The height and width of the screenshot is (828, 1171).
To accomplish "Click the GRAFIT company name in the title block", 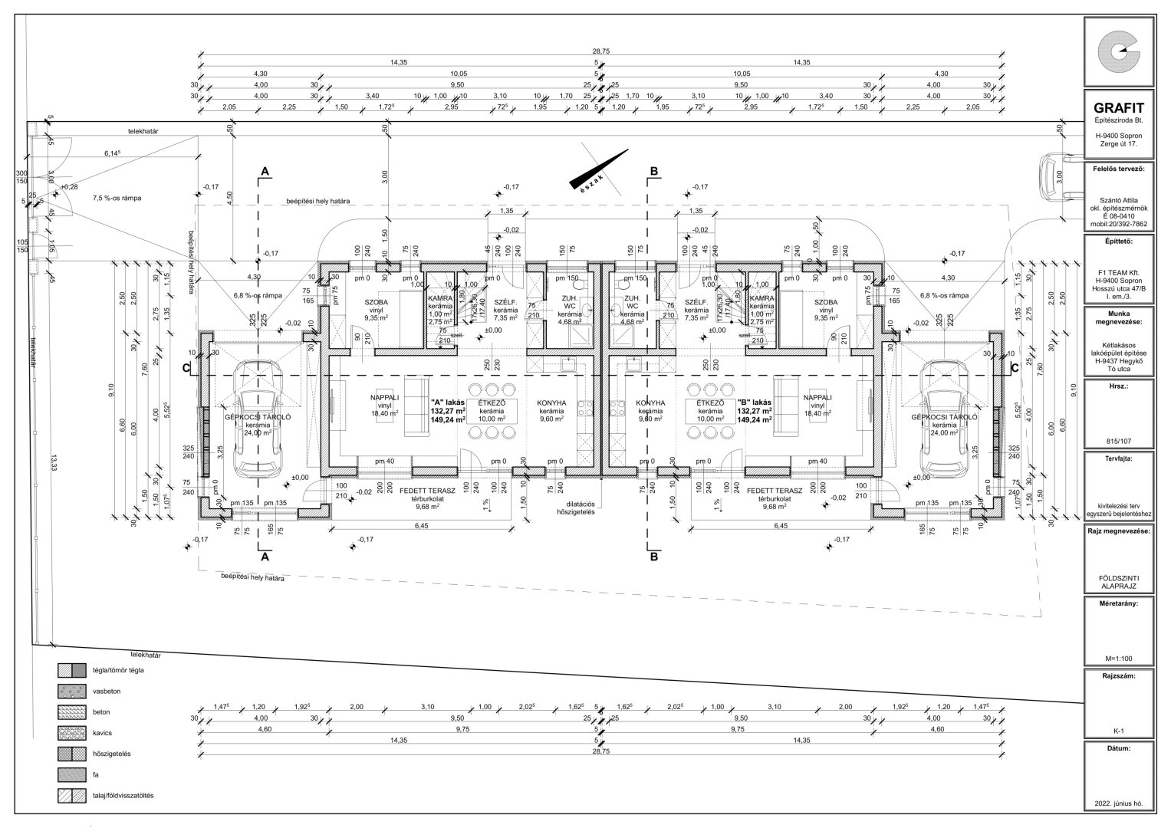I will [1120, 108].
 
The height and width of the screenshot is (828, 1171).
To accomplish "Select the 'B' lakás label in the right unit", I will [755, 402].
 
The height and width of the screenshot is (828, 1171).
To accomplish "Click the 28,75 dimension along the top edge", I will [600, 51].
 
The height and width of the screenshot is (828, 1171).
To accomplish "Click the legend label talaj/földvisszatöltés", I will [123, 795].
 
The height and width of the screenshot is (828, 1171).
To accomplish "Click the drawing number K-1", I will [1120, 731].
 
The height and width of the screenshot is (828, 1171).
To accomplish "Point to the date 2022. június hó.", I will [1120, 804].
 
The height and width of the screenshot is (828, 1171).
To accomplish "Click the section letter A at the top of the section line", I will [265, 172].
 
